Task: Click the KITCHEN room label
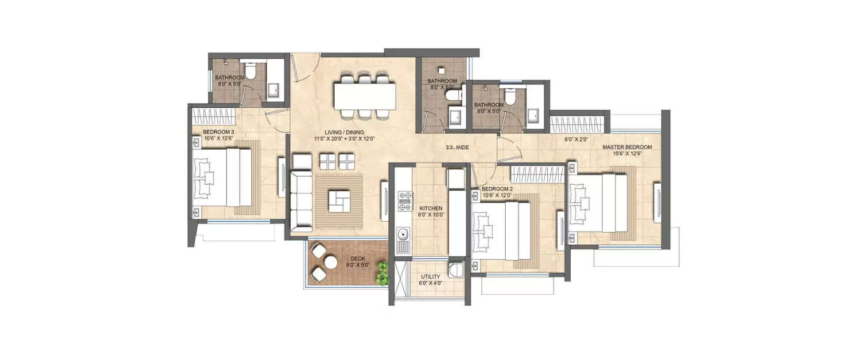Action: coord(430,208)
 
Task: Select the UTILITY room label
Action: coord(430,277)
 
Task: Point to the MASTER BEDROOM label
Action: coord(627,147)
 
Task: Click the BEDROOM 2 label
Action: coord(497,189)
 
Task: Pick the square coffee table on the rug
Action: coord(338,200)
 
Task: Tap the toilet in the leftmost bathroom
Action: coord(251,71)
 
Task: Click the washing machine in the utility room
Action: coord(456,271)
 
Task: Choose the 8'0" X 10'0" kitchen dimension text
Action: coord(430,215)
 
